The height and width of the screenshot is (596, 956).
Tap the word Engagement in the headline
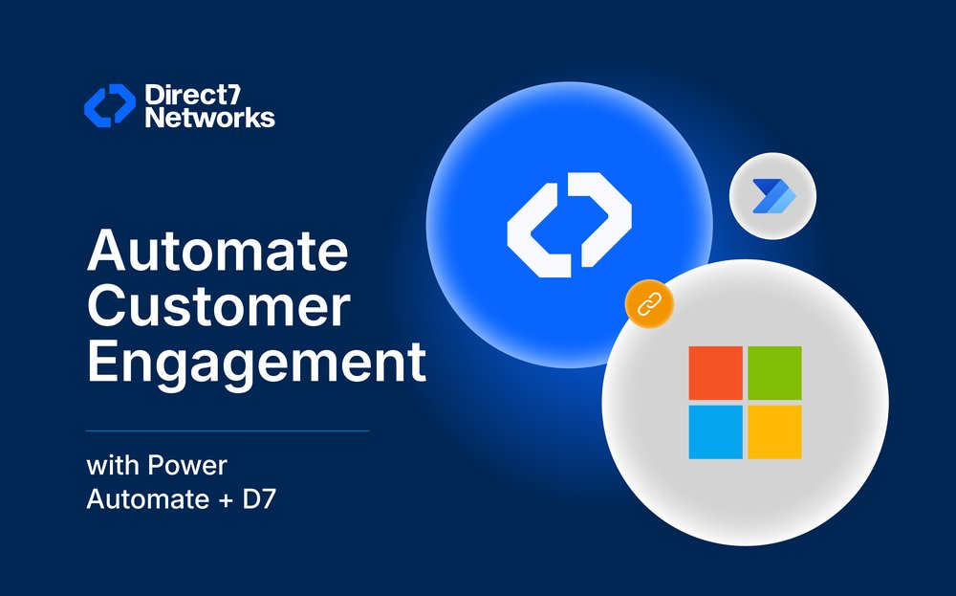(256, 364)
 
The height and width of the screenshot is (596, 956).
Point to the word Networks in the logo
(209, 118)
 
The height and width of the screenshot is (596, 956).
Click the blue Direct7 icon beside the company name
(110, 105)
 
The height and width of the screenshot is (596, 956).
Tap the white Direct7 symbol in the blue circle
(569, 226)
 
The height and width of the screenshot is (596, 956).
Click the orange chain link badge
(649, 305)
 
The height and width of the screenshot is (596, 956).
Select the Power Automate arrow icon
(772, 197)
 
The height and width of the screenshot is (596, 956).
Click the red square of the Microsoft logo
(715, 373)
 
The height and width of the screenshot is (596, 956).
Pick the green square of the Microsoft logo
(774, 373)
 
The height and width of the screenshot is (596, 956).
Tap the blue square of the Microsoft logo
(715, 431)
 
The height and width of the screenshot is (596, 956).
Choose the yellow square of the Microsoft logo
(774, 431)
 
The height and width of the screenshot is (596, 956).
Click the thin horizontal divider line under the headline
(228, 430)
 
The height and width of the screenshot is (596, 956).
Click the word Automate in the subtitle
(140, 498)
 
